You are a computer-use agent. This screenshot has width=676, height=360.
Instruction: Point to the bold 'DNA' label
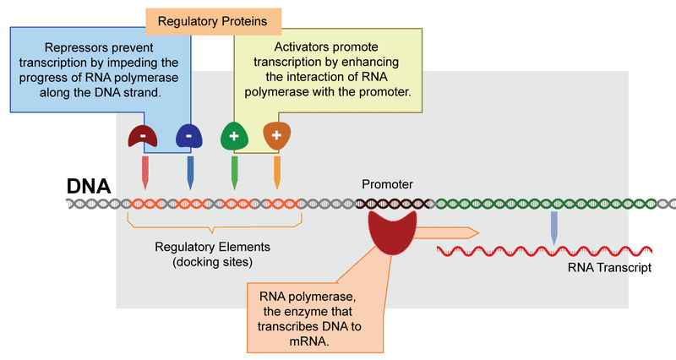click(x=89, y=185)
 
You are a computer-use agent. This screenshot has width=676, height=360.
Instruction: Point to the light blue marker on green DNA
click(x=553, y=226)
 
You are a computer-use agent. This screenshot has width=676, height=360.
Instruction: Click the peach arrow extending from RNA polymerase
click(x=448, y=232)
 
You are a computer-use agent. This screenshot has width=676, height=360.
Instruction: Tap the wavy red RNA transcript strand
click(x=541, y=251)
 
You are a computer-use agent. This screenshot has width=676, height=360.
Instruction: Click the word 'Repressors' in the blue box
click(x=58, y=48)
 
